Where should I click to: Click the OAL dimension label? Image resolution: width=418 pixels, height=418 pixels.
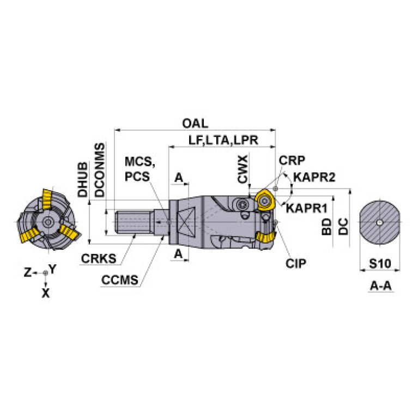[195, 123]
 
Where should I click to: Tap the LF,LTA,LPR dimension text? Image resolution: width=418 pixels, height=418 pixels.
[223, 140]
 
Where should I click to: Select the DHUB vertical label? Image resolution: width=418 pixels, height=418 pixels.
[83, 179]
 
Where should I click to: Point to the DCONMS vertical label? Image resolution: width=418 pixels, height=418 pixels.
[100, 170]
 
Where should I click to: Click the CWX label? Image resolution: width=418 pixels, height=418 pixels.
[243, 169]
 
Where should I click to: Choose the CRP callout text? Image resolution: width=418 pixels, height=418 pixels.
[292, 160]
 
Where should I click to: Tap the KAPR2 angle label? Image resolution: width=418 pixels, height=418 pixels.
[314, 177]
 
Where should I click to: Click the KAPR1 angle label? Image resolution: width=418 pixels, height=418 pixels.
[307, 208]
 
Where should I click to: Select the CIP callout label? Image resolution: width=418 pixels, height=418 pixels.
[296, 264]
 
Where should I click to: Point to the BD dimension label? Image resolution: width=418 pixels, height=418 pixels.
[326, 227]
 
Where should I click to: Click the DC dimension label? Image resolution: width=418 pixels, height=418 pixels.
[343, 227]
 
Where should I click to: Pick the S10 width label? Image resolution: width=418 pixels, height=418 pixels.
[380, 264]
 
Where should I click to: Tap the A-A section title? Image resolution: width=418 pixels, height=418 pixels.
[381, 286]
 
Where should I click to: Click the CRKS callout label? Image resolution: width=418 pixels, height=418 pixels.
[99, 258]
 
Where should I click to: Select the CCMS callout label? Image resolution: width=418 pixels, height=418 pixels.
[120, 280]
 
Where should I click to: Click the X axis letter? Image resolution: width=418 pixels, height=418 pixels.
[46, 293]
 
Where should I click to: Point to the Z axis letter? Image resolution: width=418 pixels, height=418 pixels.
[27, 272]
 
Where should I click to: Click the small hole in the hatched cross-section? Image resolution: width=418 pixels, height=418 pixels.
[380, 222]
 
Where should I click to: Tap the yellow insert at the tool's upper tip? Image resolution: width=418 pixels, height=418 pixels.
[264, 200]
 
